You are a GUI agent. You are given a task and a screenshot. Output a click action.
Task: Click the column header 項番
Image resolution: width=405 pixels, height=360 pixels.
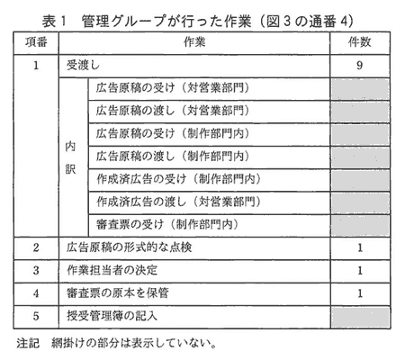click(x=36, y=42)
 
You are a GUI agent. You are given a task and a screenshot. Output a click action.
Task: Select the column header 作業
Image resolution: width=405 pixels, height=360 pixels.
click(x=194, y=42)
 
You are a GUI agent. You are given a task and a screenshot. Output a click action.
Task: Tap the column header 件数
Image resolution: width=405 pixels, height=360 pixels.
click(x=360, y=42)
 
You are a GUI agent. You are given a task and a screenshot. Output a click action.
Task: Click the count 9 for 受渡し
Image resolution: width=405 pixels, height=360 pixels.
click(x=360, y=65)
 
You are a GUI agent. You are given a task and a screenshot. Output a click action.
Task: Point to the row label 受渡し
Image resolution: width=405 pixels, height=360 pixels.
click(x=83, y=65)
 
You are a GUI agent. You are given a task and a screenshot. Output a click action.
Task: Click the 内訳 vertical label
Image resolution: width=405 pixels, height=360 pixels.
click(x=70, y=157)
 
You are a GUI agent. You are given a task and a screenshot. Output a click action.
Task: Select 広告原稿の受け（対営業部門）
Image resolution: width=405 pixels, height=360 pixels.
click(x=173, y=88)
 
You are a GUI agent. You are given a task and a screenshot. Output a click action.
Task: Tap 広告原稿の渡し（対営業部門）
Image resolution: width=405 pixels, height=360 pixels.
click(x=173, y=111)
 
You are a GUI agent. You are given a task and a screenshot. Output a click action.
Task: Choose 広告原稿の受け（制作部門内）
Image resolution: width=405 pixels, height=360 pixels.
click(x=173, y=133)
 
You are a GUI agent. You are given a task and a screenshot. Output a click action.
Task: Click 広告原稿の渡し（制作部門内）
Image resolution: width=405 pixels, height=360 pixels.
click(x=173, y=157)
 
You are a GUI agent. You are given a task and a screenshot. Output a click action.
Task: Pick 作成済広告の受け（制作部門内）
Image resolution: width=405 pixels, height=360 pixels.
click(x=178, y=179)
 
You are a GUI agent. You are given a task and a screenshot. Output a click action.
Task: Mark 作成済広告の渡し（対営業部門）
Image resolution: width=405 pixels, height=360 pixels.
click(x=178, y=202)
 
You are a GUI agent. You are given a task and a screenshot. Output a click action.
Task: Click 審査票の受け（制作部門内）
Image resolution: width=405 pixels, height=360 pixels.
click(x=166, y=225)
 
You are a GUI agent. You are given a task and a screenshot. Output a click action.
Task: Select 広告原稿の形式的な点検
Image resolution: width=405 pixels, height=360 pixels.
click(x=129, y=247)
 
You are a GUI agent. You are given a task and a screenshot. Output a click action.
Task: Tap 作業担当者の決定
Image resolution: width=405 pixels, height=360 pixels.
click(x=112, y=270)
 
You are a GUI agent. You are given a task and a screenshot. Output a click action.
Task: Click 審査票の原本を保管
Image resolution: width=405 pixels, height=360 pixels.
click(x=118, y=293)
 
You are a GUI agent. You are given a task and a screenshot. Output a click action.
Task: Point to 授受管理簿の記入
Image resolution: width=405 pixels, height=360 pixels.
click(x=112, y=316)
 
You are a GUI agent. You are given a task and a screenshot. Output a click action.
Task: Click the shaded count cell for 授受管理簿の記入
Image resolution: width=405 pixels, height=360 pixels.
click(x=360, y=317)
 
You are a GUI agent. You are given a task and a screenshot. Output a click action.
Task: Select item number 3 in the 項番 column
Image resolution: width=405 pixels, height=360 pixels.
click(x=36, y=270)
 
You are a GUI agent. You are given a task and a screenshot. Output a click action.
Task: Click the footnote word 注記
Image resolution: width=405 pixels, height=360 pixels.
click(x=28, y=344)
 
